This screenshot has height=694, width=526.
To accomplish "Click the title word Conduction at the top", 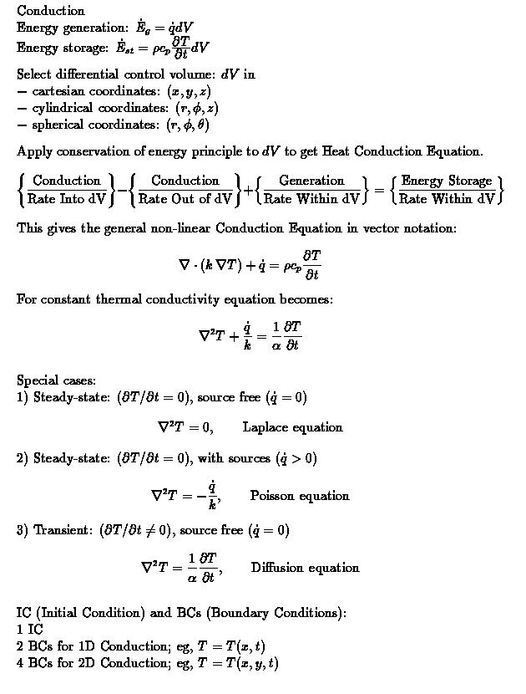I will [50, 11].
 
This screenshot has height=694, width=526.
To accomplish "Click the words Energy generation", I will [63, 27].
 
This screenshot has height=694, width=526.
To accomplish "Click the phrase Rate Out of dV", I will [185, 199].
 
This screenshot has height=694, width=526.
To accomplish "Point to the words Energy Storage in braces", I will [447, 181].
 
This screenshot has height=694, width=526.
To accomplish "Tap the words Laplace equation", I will [292, 427].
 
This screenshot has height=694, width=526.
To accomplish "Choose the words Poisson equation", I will [299, 496].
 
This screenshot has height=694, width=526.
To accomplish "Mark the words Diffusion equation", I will [305, 568].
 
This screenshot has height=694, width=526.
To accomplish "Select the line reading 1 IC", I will [29, 630].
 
